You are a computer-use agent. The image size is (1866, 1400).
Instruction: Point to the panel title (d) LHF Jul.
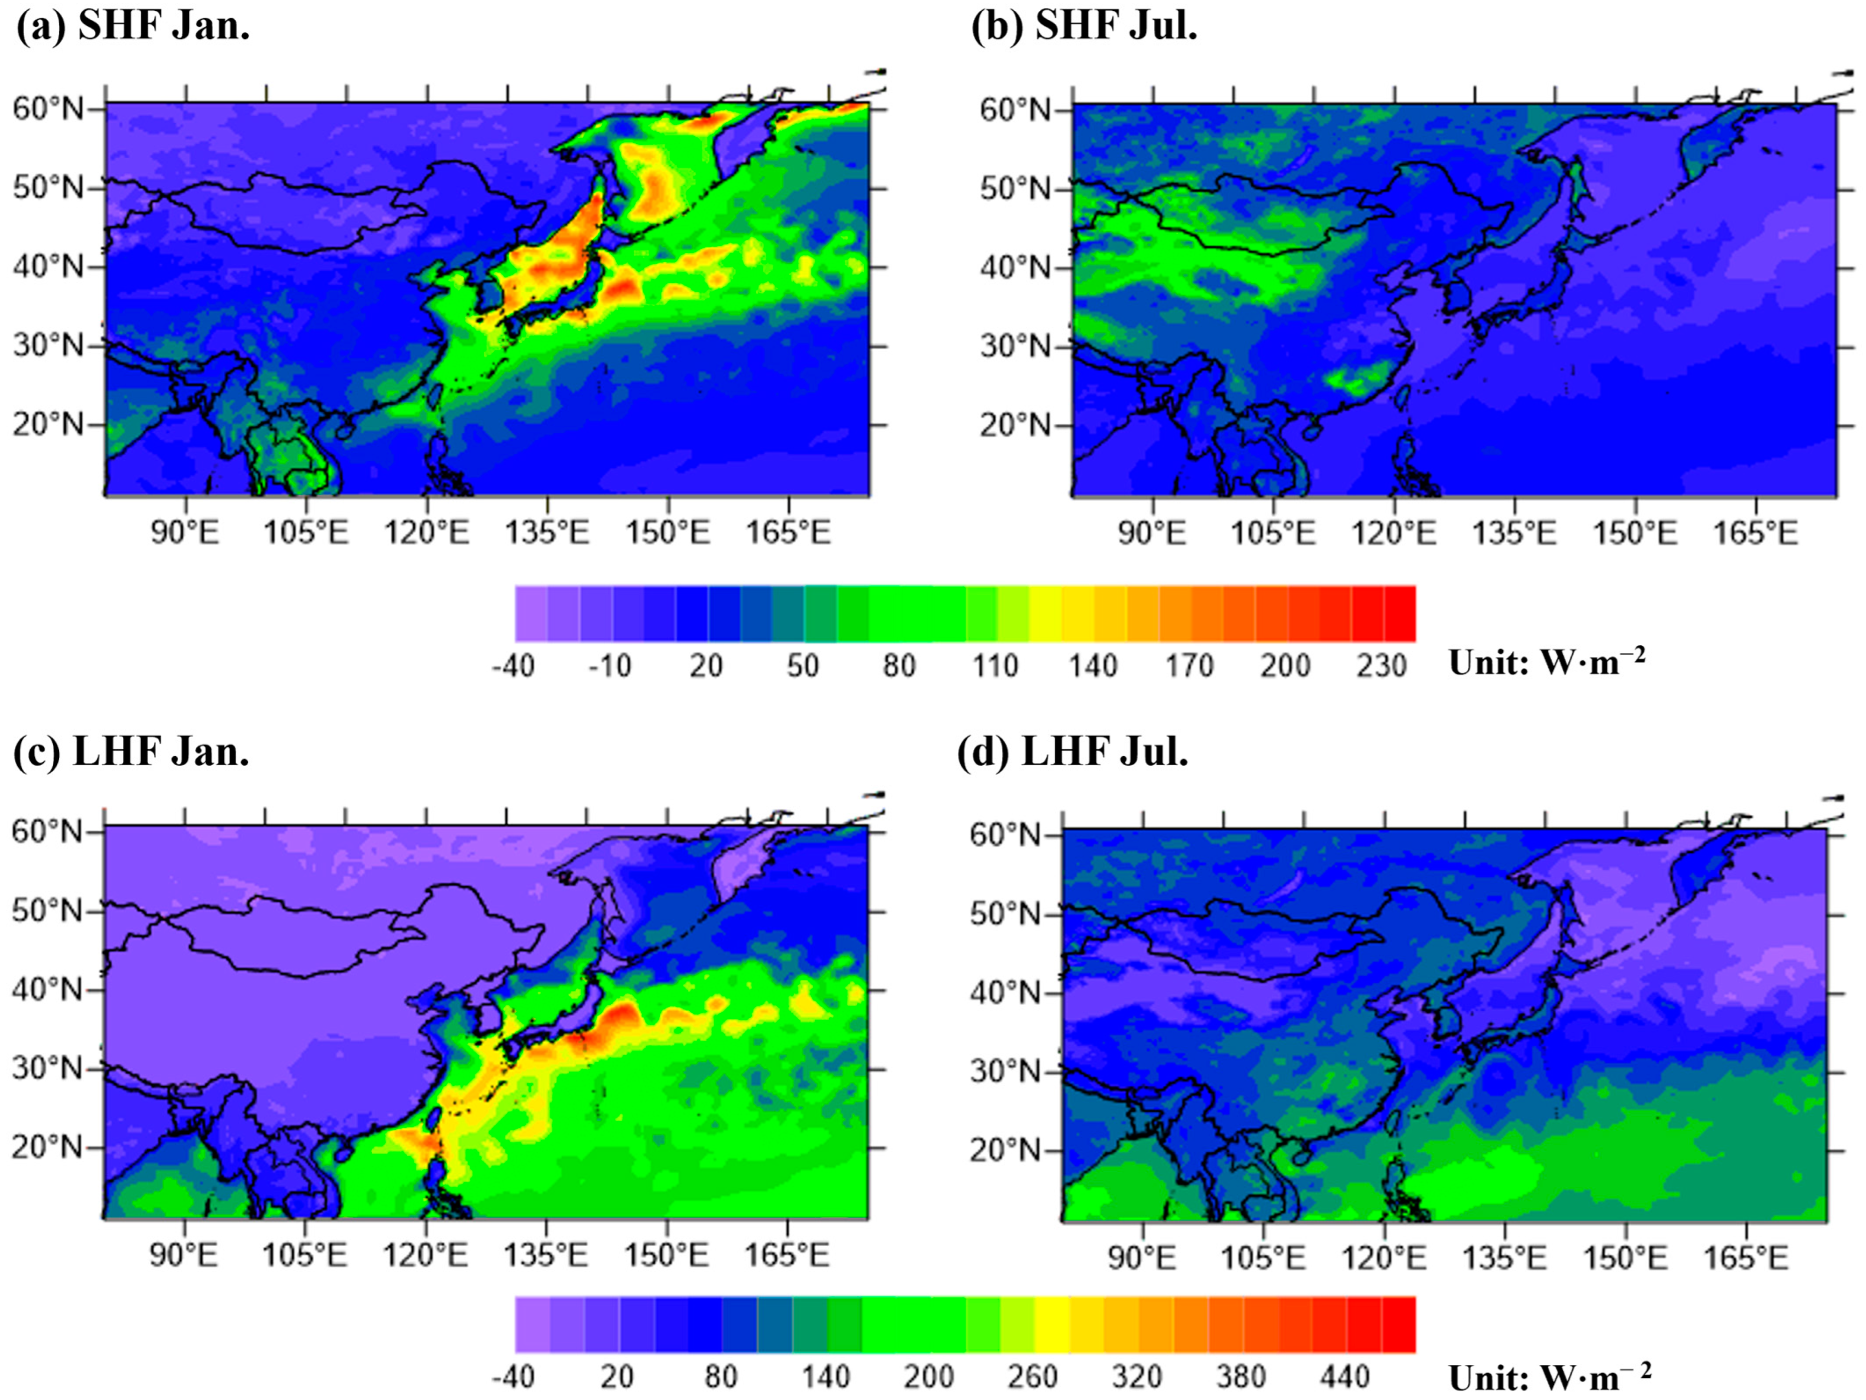click(x=1073, y=751)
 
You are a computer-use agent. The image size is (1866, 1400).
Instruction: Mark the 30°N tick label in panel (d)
click(x=1006, y=1072)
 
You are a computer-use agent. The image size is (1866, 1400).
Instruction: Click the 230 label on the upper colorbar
click(x=1382, y=666)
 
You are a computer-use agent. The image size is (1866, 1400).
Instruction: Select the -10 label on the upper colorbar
click(x=609, y=666)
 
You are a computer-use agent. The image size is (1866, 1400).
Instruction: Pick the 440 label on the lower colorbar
click(x=1345, y=1377)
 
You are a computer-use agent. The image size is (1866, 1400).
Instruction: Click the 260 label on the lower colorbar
click(x=1033, y=1377)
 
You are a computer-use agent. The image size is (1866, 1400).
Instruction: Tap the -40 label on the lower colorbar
click(x=513, y=1377)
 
